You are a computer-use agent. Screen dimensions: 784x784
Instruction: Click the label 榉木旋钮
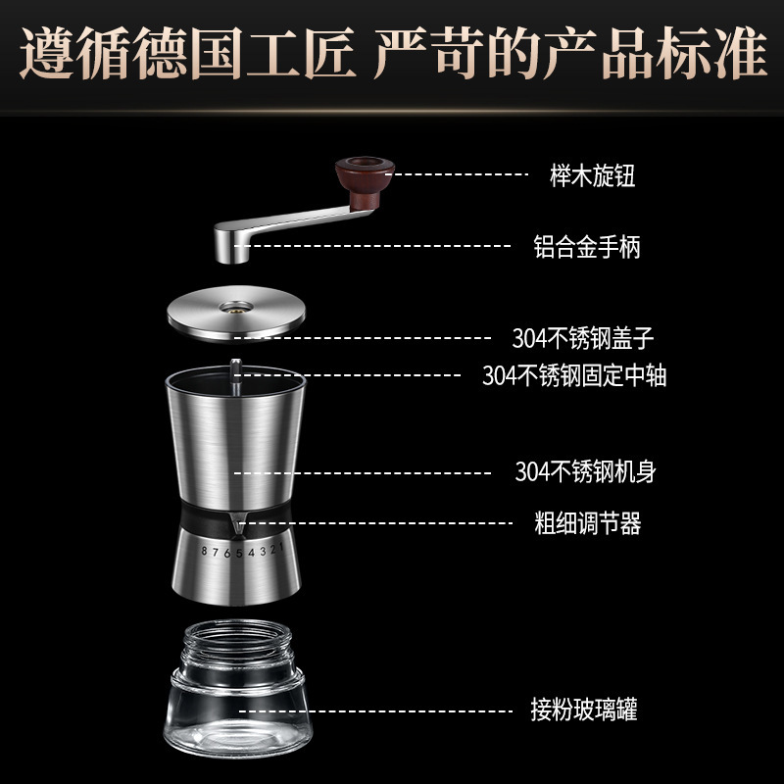[593, 175]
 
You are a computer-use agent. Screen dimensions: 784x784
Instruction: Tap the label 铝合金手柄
[586, 247]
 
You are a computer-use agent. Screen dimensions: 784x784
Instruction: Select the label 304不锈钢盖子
[583, 338]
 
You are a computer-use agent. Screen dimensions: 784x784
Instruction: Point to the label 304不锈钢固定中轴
[574, 375]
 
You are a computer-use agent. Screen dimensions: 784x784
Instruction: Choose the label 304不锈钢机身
[585, 471]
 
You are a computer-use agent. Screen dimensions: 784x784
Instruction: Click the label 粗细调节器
[587, 523]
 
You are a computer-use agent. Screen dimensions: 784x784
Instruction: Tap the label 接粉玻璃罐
[584, 710]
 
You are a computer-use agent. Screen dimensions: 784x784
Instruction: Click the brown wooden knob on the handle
[365, 182]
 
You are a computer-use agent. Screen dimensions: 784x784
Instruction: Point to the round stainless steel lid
[236, 314]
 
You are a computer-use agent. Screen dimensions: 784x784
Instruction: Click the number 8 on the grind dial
[204, 551]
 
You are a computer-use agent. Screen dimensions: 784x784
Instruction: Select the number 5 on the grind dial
[239, 553]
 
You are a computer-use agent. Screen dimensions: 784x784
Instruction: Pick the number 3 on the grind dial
[263, 552]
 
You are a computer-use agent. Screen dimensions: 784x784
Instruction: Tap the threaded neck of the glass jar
[237, 644]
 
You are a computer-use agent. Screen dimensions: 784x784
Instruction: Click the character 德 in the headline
[161, 53]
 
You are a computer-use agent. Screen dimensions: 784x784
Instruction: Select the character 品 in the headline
[628, 53]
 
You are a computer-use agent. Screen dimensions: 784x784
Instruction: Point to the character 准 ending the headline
[740, 53]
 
